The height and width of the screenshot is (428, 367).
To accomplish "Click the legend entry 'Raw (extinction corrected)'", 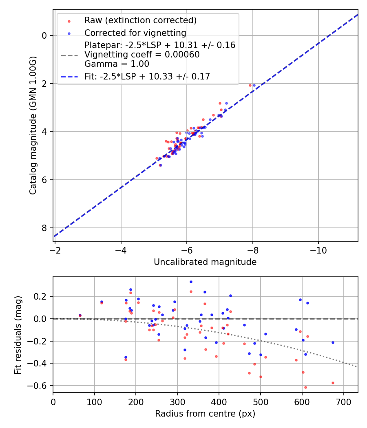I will [x=140, y=20].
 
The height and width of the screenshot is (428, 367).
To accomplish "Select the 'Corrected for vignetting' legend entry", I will [x=135, y=33].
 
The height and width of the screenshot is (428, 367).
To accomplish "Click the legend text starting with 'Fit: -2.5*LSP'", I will [x=147, y=76].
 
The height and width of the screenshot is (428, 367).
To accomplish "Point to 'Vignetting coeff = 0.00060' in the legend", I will [x=142, y=55].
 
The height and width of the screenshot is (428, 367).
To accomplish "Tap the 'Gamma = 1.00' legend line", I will [x=117, y=64].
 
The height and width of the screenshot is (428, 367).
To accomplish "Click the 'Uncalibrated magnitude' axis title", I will [x=205, y=262].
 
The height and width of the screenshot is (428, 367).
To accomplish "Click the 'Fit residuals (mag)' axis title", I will [x=18, y=335].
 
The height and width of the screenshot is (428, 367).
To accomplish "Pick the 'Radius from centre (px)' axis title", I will [x=205, y=414].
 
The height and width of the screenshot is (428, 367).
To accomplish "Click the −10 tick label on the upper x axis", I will [x=318, y=250].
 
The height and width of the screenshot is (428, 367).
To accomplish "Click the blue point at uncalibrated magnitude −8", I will [x=254, y=85].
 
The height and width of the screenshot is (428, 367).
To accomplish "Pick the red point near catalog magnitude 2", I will [x=250, y=85].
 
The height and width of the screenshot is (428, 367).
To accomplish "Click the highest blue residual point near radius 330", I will [x=191, y=282].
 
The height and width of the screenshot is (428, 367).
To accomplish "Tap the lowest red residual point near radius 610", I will [x=305, y=387].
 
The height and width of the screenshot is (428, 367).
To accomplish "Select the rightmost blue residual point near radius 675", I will [x=333, y=342].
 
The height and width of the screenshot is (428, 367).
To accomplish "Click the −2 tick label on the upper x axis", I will [x=55, y=250].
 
